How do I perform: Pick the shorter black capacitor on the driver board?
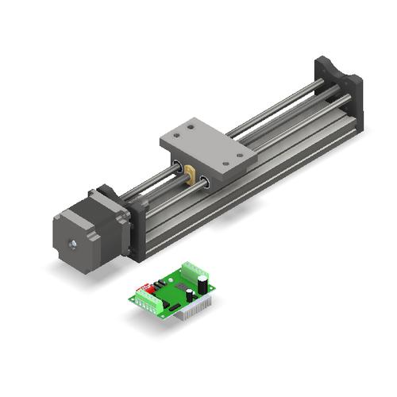(x=189, y=295)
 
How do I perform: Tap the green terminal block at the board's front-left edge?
(x=148, y=302)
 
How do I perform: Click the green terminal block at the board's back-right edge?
(x=192, y=268)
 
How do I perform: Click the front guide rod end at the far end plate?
(x=347, y=98)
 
